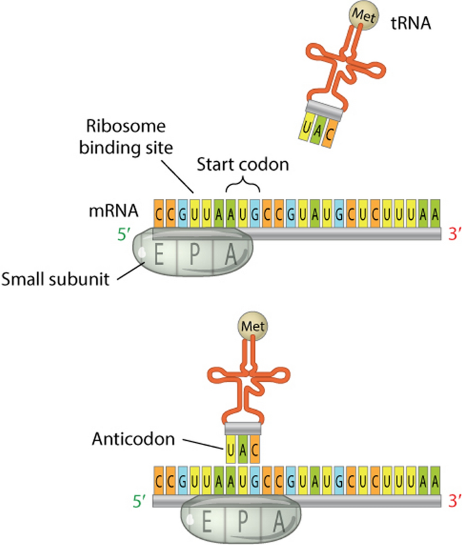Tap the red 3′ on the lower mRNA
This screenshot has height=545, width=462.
pos(451,502)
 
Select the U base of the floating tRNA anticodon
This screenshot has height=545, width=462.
pos(307,127)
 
